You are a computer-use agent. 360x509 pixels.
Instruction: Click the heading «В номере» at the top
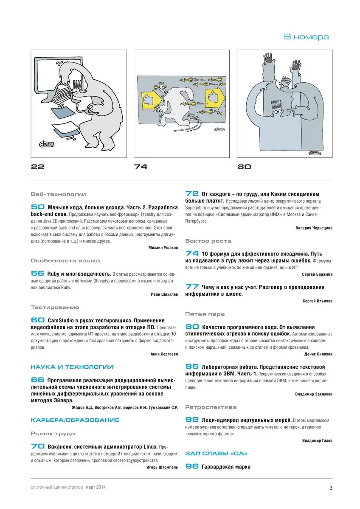click(306, 37)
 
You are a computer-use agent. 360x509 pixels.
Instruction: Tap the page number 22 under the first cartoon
click(37, 167)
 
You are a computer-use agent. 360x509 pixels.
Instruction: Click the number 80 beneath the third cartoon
click(244, 167)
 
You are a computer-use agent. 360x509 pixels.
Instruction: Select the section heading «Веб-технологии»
click(58, 194)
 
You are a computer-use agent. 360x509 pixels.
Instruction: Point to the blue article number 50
click(38, 207)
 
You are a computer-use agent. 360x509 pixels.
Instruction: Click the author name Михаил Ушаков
click(163, 247)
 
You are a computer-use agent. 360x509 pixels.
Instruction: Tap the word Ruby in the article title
click(55, 274)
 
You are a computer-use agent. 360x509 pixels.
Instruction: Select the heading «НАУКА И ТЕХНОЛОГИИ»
click(72, 367)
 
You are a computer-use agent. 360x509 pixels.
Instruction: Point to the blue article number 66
click(38, 380)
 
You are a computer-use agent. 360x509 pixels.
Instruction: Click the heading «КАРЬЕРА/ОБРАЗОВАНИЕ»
click(75, 420)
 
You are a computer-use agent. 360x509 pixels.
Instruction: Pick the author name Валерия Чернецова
click(314, 228)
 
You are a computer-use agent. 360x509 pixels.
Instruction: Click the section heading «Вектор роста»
click(208, 241)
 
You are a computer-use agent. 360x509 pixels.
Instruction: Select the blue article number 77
click(192, 287)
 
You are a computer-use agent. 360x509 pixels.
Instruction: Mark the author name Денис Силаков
click(318, 354)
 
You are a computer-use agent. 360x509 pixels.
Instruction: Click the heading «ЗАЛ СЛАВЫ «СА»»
click(217, 453)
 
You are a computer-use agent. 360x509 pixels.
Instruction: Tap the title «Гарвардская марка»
click(226, 467)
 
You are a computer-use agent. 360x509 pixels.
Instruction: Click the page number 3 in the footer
click(331, 487)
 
